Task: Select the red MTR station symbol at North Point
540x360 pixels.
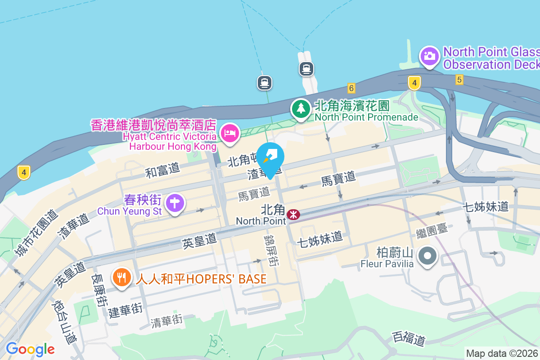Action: tap(293, 214)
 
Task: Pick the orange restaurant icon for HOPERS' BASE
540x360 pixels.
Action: tap(121, 277)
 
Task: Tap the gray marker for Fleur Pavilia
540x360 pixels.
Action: tap(427, 256)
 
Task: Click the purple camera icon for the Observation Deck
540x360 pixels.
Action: tap(430, 56)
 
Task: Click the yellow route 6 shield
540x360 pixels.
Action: tap(351, 88)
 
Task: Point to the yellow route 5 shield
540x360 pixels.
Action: tap(459, 80)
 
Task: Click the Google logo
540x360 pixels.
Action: tap(30, 349)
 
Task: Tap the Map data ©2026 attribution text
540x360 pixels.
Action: tap(502, 353)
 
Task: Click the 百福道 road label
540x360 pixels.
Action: tap(409, 338)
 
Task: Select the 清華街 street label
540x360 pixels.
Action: tap(167, 321)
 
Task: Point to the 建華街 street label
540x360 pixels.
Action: tap(126, 310)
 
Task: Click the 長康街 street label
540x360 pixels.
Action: tap(100, 290)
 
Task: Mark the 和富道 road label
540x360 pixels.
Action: tap(162, 170)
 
